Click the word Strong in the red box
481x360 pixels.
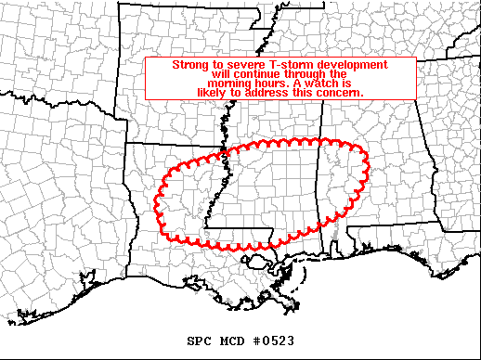(190, 65)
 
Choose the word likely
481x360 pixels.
(214, 94)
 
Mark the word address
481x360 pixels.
(272, 94)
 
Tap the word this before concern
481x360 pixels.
(305, 94)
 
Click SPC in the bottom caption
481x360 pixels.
(199, 341)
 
